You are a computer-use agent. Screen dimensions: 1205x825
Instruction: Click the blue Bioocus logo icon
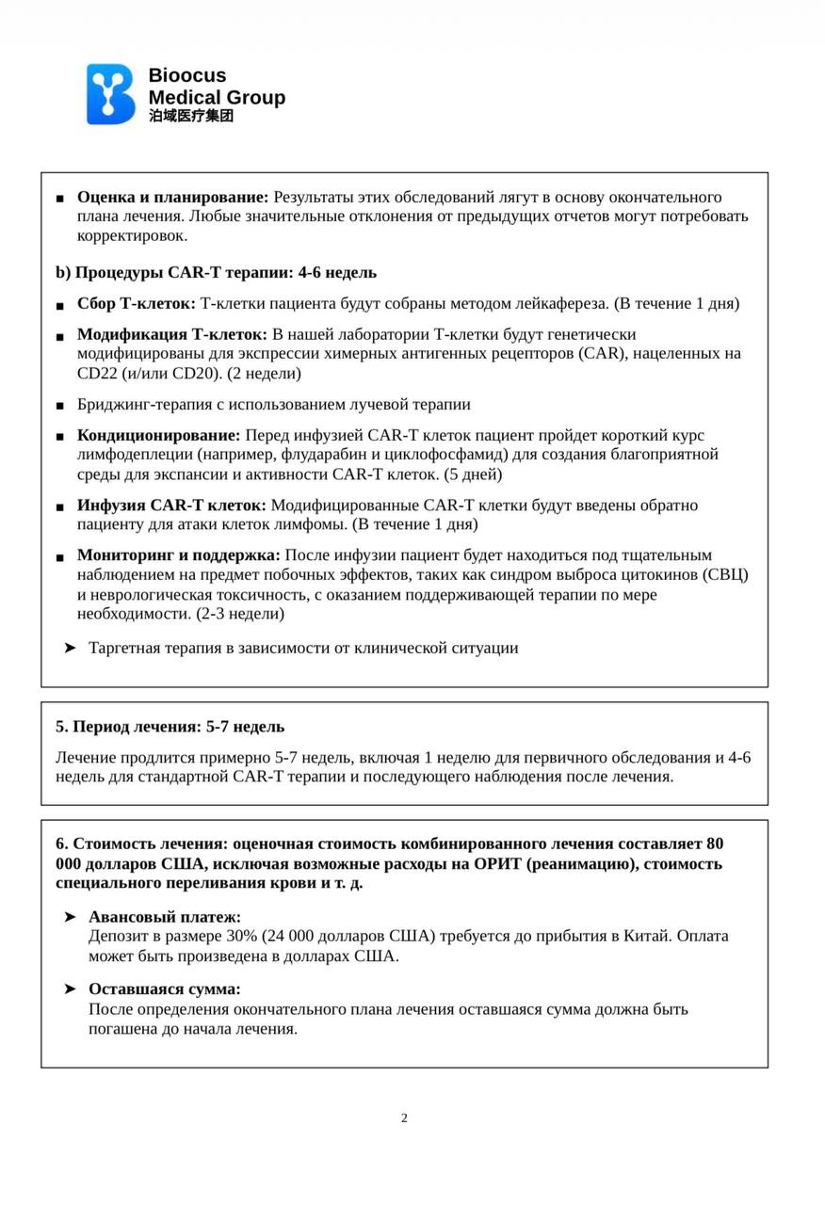point(111,94)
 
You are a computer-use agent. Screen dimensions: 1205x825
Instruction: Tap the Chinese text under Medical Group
point(191,116)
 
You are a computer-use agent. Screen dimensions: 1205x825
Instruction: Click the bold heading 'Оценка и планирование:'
point(172,197)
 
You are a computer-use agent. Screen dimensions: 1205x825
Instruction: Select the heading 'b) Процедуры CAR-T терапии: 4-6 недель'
point(216,272)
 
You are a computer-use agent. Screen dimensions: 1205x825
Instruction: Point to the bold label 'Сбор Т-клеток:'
point(137,303)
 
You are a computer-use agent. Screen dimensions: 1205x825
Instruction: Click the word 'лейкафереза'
point(561,303)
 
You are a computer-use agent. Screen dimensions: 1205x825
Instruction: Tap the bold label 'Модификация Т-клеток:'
point(172,334)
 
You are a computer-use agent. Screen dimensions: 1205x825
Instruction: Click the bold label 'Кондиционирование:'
point(159,435)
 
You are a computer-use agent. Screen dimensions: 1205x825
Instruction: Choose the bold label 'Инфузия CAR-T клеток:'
point(171,505)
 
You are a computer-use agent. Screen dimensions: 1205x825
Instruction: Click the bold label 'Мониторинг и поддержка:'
point(178,554)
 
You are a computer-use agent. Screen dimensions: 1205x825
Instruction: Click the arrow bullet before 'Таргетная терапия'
point(70,648)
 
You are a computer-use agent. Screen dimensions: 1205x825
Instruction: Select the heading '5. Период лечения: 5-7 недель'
point(170,727)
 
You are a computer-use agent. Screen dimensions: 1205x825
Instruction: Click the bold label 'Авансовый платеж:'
point(165,916)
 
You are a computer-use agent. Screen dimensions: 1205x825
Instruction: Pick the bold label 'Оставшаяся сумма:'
point(165,988)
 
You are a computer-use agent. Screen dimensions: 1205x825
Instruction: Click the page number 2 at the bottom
point(404,1118)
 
